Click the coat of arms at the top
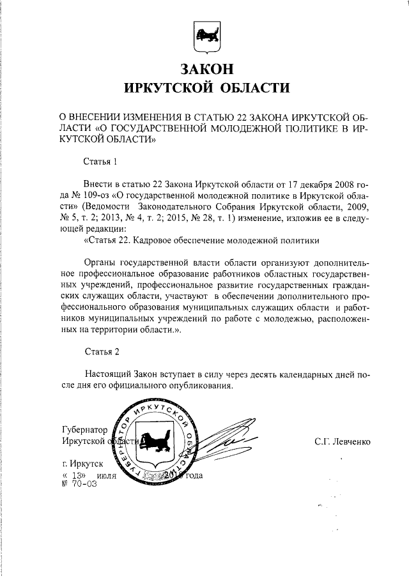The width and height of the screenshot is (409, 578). point(204,37)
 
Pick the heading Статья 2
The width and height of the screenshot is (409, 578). point(101,351)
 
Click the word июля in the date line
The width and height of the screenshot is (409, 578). point(108,476)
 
